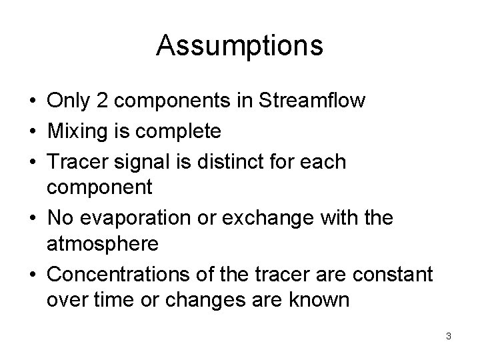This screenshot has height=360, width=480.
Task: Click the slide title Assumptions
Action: tap(240, 46)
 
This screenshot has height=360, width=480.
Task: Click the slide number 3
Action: tap(449, 336)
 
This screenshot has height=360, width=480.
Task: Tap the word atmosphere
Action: tap(103, 245)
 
